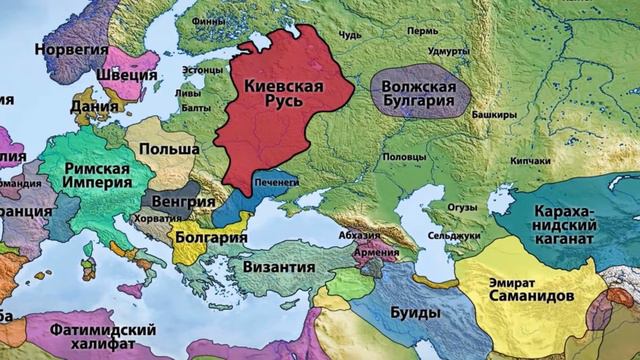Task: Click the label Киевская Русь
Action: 284,97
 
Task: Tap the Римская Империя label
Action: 98,177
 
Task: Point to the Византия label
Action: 272,267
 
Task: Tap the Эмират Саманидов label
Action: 530,290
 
